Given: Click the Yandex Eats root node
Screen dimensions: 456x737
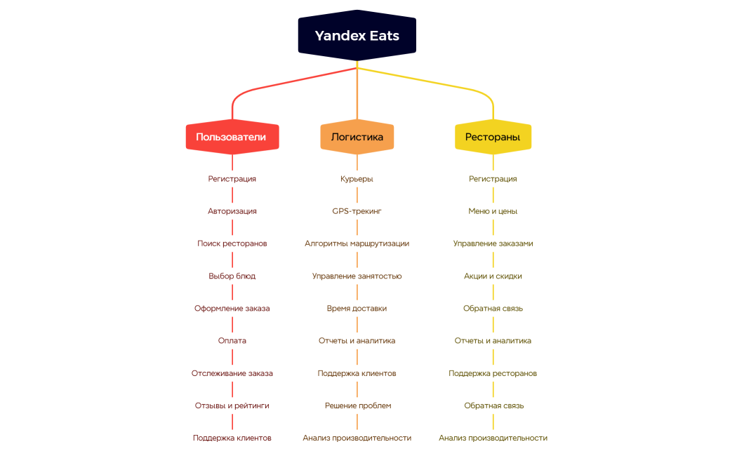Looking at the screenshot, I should coord(357,36).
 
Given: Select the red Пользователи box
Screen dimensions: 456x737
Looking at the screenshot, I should coord(232,138).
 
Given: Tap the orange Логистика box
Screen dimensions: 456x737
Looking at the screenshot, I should coord(357,138).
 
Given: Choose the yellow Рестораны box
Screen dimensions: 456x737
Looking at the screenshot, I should coord(493,138).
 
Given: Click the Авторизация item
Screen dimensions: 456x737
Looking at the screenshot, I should coord(232,211).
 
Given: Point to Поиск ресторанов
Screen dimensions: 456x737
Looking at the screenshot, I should coord(232,243).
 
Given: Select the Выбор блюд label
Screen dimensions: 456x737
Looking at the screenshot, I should coord(232,276).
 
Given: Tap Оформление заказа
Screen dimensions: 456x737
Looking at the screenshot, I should coord(232,308).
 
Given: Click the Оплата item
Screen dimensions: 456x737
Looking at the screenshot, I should coord(232,341).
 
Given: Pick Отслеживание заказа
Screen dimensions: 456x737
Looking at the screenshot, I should coord(232,373).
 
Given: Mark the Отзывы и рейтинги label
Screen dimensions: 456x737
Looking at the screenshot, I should coord(232,405).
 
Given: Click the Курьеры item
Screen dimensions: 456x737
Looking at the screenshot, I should coord(357,179).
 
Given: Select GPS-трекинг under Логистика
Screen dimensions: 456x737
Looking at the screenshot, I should coord(357,211).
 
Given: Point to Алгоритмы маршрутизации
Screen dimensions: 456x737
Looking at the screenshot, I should coord(357,243).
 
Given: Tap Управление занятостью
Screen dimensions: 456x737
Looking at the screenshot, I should coord(357,276).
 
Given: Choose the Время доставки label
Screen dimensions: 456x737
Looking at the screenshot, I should coord(357,308).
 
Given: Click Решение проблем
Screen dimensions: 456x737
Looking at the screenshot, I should coord(357,405).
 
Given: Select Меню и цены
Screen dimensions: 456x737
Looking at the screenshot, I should coord(493,211).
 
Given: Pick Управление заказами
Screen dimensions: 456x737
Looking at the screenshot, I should coord(493,243).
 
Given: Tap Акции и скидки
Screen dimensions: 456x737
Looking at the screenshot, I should coord(493,276).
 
